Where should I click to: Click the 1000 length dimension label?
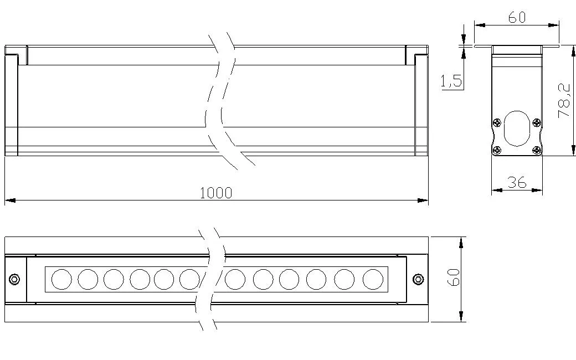[x=216, y=193]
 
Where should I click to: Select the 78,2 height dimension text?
[x=564, y=101]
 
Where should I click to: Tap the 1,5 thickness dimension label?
[x=451, y=80]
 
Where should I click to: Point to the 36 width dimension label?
[x=517, y=182]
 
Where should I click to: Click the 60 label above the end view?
[x=517, y=17]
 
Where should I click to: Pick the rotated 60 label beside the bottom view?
[x=454, y=277]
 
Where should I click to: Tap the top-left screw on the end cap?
[x=497, y=123]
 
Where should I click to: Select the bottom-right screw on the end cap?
[x=537, y=150]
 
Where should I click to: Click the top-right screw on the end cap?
[x=537, y=123]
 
